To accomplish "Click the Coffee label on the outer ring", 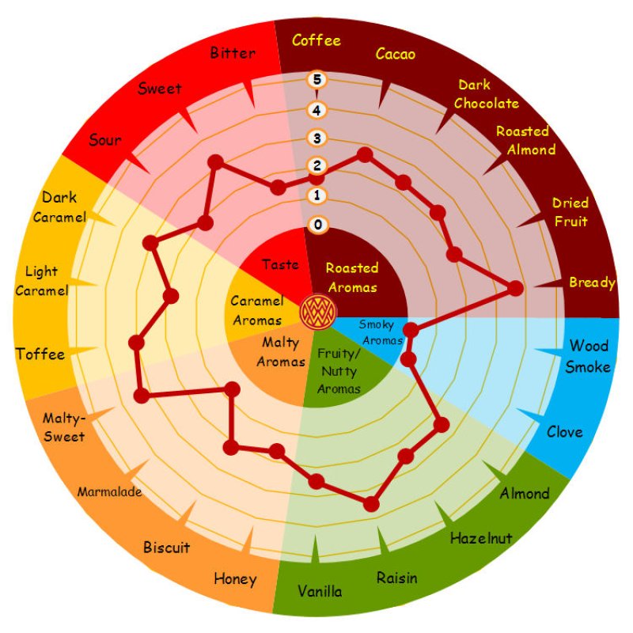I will pos(316,40).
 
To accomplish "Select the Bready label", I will pos(592,282).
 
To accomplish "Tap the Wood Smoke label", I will pos(589,355).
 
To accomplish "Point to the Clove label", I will pos(564,432).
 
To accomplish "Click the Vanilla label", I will pos(320,591).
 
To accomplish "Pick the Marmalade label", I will pos(109,491).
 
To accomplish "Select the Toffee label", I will pos(40,354).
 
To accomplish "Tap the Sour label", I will pos(105,140).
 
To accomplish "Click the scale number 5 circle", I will pos(317,79).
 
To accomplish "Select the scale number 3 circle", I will pos(317,138).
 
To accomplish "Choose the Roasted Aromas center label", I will pos(352,277).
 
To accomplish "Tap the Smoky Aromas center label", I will pos(381,332).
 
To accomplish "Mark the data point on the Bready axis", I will pos(515,289).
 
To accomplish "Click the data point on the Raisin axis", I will pos(371,502).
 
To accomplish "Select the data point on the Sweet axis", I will pos(214,163).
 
